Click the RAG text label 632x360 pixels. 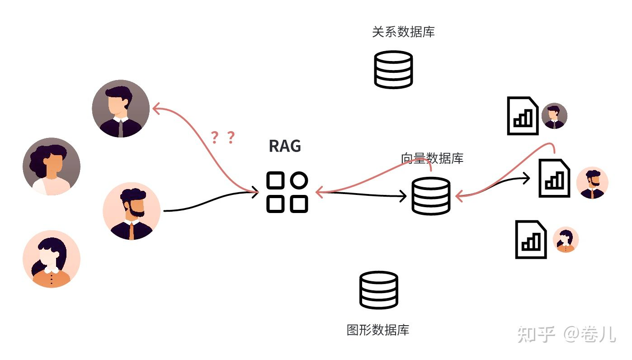click(x=285, y=146)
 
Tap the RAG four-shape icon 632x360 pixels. click(x=287, y=192)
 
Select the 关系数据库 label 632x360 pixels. click(x=403, y=32)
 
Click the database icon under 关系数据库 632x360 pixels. click(x=393, y=69)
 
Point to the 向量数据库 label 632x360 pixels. click(x=432, y=158)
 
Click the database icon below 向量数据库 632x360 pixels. click(x=431, y=196)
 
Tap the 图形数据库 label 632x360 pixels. click(x=378, y=330)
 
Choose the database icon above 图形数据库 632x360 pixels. click(x=379, y=290)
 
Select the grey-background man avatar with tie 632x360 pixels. click(x=121, y=109)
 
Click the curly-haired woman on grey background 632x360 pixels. click(x=52, y=166)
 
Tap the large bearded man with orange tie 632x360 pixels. click(x=132, y=211)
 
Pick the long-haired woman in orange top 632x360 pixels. click(x=52, y=259)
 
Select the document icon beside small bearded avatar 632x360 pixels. click(x=554, y=178)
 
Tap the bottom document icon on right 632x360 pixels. click(x=531, y=239)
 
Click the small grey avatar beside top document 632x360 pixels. click(x=554, y=116)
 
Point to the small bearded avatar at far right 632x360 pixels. click(x=592, y=183)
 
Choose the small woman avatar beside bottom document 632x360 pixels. click(x=566, y=240)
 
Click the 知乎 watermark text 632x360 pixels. click(x=536, y=334)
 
